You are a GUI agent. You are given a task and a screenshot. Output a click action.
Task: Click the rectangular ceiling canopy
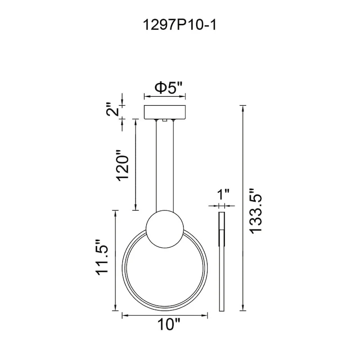coord(164,112)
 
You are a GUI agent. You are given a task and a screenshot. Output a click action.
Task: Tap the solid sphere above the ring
coord(165,229)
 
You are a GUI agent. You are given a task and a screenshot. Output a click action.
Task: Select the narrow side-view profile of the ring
coord(221,261)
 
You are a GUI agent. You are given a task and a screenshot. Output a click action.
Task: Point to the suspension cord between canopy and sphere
coord(165,166)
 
